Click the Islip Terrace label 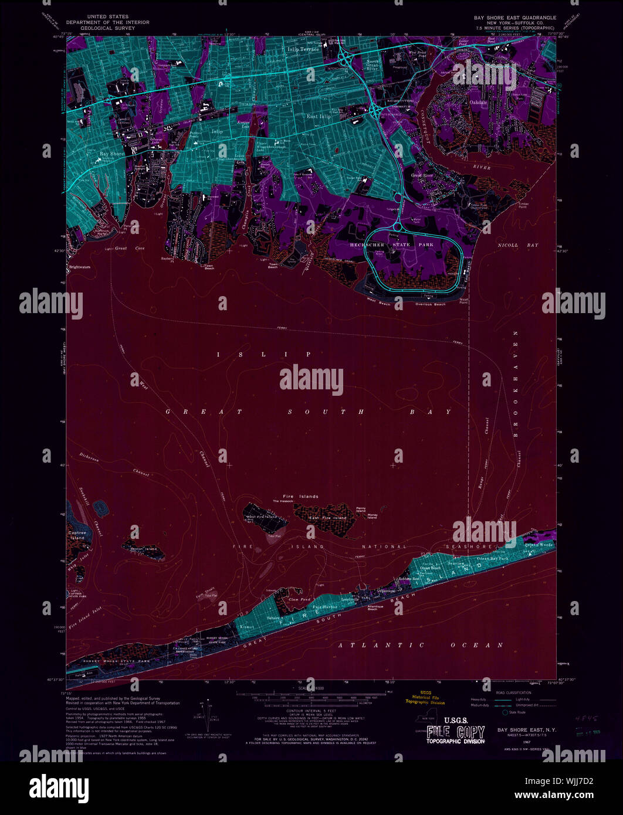pyautogui.click(x=303, y=50)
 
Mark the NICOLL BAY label pyautogui.click(x=517, y=245)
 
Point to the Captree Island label pyautogui.click(x=77, y=535)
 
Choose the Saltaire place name pyautogui.click(x=274, y=618)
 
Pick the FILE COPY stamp pyautogui.click(x=455, y=732)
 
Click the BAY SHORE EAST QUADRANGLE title pyautogui.click(x=514, y=18)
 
